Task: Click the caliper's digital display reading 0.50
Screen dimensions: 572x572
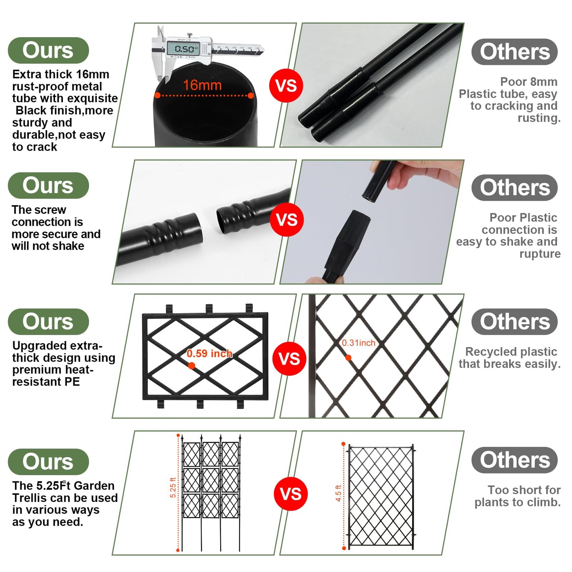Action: tap(183, 48)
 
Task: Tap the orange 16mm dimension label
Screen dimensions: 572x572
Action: tap(202, 85)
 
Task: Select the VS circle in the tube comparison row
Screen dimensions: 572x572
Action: tap(286, 86)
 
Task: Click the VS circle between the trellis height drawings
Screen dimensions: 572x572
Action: tap(291, 494)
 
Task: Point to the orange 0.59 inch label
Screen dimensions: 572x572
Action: tap(209, 353)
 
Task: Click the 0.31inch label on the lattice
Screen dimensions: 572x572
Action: tap(358, 343)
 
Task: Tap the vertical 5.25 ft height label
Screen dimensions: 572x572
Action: tap(173, 487)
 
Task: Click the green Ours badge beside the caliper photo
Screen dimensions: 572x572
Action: tap(48, 50)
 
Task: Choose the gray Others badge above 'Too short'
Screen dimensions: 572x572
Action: tap(515, 460)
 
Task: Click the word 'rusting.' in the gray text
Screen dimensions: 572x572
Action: tap(539, 118)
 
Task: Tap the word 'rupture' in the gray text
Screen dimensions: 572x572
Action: tap(540, 254)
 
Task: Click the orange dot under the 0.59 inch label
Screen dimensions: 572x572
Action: tap(192, 365)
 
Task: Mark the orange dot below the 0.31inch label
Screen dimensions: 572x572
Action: tap(348, 358)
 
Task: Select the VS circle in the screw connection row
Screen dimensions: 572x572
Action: tap(287, 220)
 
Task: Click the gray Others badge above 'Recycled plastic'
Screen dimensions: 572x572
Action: tap(515, 322)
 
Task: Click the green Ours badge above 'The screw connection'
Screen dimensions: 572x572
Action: tap(48, 186)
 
